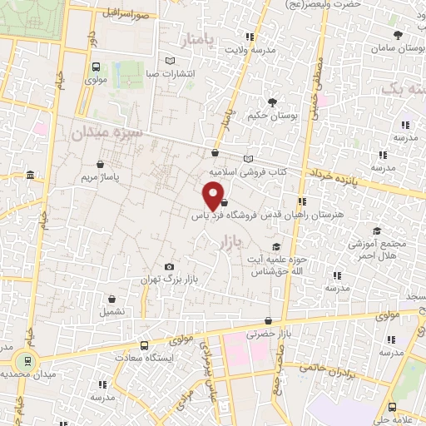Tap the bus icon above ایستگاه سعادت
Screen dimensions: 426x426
coord(144,345)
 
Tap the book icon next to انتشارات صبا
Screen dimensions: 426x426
coord(171,61)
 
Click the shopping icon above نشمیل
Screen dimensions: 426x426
coord(111,299)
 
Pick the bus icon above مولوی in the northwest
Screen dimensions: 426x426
coord(97,67)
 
